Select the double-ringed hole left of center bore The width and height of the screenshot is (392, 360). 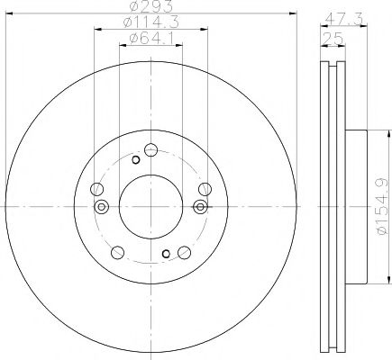pos(102,209)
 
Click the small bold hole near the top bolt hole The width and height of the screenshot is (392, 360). pos(136,160)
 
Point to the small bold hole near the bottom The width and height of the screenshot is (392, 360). pos(164,255)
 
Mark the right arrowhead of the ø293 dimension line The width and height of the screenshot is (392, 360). pos(293,13)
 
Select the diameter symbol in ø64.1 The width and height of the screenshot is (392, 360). pos(125,37)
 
